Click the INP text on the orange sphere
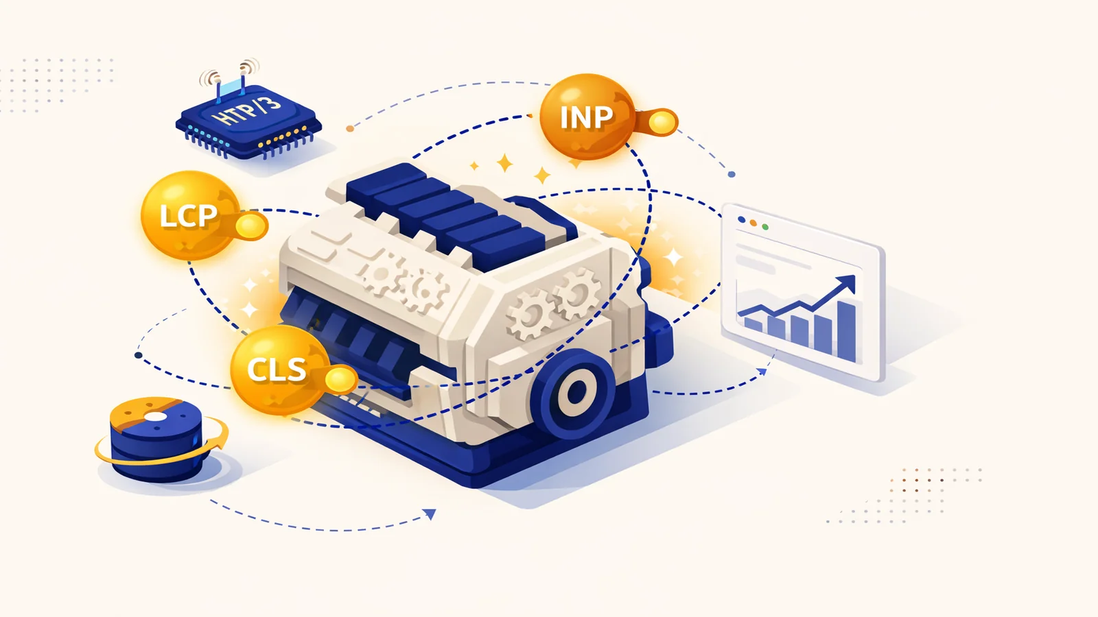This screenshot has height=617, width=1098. point(586,117)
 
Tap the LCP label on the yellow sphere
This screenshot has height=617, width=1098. point(189,215)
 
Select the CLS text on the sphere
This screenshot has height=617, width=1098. point(277,370)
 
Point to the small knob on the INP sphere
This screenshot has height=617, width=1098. point(662,123)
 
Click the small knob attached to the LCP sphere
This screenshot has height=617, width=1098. point(251,226)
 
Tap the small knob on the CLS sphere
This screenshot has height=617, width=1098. point(340,380)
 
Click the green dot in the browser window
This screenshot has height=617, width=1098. point(765,227)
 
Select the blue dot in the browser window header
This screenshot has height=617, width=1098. point(742,220)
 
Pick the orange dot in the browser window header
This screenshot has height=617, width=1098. point(754,223)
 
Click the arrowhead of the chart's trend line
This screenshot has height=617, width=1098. point(847,283)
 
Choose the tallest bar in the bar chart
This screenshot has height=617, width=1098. point(847,331)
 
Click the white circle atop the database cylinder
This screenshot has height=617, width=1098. point(156,418)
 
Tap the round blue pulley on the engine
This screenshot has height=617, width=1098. point(574,391)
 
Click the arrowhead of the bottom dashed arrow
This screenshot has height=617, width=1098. point(430,514)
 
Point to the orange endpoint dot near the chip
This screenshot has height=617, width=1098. point(350,129)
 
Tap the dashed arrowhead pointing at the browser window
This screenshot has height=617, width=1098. point(762,372)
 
